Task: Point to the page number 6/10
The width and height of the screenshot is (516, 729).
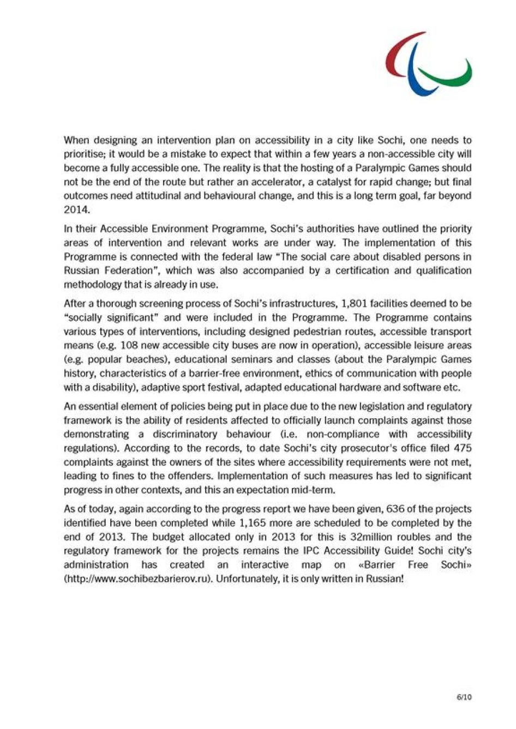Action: click(x=464, y=697)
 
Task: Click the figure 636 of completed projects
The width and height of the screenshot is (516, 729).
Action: click(x=395, y=509)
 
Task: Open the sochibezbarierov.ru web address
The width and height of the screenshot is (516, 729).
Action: click(x=137, y=579)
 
